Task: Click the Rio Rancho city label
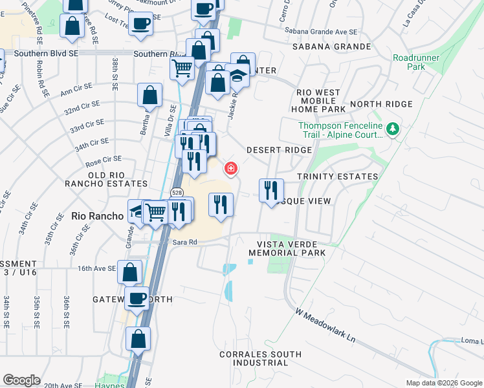click(97, 216)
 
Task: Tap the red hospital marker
click(230, 169)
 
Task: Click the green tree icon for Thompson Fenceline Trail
click(392, 129)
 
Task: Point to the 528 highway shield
click(176, 192)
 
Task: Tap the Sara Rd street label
click(184, 242)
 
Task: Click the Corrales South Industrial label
click(260, 360)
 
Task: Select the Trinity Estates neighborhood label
click(337, 177)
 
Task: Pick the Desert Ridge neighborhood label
click(280, 150)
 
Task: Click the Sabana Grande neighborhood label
click(331, 47)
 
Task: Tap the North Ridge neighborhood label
click(381, 104)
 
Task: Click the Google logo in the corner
click(21, 380)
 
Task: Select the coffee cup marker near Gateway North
click(137, 298)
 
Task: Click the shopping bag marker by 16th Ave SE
click(129, 272)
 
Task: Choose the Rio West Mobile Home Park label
click(318, 101)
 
